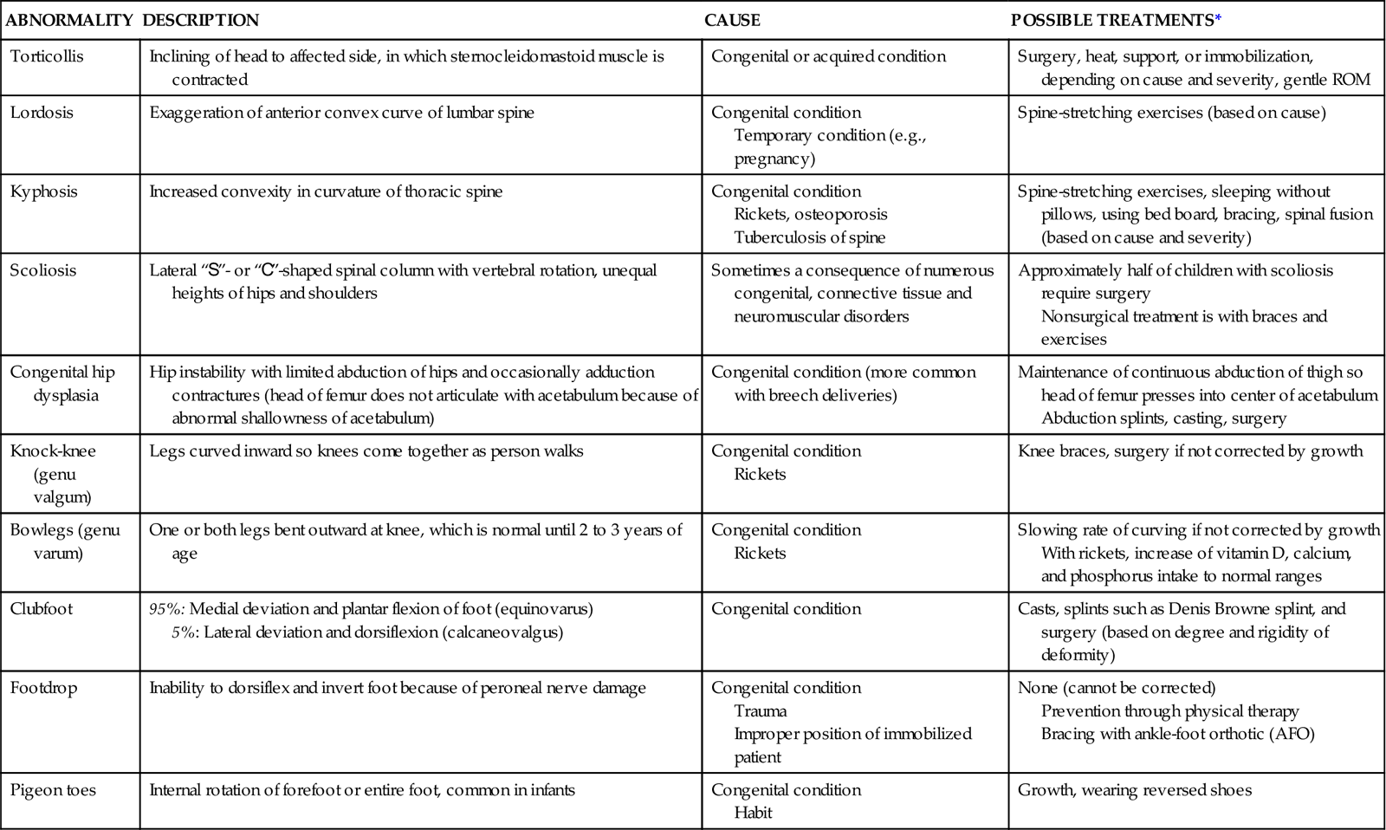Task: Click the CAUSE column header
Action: (x=732, y=20)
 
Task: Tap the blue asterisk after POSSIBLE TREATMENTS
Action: (x=1218, y=20)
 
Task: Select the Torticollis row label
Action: (x=47, y=56)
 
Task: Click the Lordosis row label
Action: (x=42, y=113)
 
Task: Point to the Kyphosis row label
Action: (x=42, y=191)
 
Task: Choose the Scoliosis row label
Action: (x=43, y=270)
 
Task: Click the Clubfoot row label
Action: (x=42, y=609)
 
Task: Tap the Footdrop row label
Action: (x=43, y=688)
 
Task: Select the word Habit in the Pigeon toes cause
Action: (x=753, y=813)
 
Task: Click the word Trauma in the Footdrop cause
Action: (x=760, y=711)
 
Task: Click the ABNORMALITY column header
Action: (x=68, y=20)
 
